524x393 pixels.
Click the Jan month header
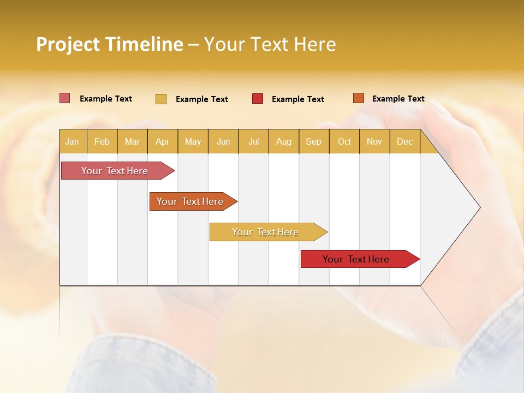pos(73,141)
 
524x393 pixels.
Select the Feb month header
pos(102,141)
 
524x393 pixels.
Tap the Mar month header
pos(132,141)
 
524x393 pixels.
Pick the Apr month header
pos(163,141)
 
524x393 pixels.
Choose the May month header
pos(193,141)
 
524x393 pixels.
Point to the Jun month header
pos(223,141)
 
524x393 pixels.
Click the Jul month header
pos(253,141)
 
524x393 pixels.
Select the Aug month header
pos(284,141)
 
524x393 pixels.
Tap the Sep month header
pos(314,141)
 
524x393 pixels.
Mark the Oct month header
pos(344,141)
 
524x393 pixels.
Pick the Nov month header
pos(374,141)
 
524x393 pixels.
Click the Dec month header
pos(405,141)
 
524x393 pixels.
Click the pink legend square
pos(64,98)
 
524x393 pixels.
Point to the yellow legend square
pos(160,99)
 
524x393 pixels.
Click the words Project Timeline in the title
pos(110,44)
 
